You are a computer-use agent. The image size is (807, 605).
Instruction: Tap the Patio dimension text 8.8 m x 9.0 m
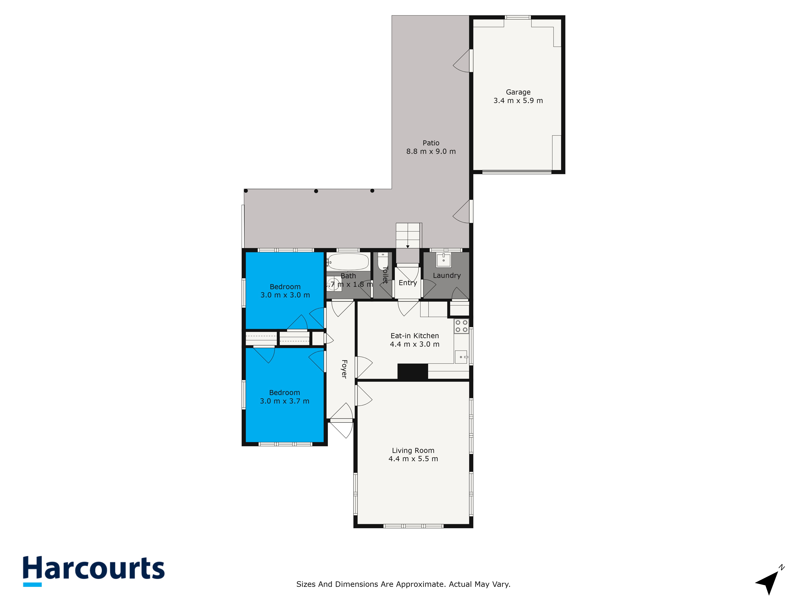[431, 151]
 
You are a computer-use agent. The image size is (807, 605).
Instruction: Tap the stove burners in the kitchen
[461, 326]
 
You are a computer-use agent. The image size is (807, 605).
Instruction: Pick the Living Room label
[413, 450]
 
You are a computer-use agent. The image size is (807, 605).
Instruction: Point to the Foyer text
[344, 369]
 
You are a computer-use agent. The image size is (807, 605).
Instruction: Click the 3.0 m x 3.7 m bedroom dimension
[284, 401]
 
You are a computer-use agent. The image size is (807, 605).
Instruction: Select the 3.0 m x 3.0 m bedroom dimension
[285, 295]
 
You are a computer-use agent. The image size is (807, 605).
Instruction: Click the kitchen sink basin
[461, 357]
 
